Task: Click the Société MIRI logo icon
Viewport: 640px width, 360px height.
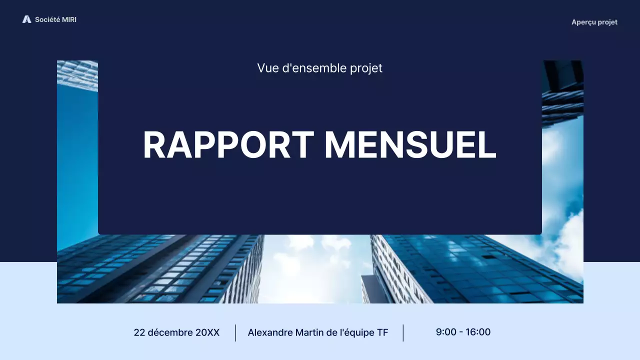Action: click(x=26, y=19)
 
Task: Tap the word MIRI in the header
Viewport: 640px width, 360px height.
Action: click(x=69, y=19)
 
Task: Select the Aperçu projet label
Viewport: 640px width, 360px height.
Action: click(x=594, y=22)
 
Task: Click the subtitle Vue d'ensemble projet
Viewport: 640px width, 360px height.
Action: click(x=320, y=68)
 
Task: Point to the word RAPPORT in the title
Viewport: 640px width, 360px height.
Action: click(x=228, y=145)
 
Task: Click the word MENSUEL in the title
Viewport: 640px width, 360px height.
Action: click(x=410, y=145)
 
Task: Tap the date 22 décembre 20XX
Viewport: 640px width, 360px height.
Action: click(x=176, y=332)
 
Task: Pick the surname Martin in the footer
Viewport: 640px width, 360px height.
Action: click(x=309, y=332)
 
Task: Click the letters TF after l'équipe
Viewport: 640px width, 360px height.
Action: click(x=382, y=332)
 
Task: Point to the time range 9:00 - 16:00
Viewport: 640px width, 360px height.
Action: click(x=463, y=332)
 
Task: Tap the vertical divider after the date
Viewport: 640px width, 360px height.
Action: click(x=235, y=333)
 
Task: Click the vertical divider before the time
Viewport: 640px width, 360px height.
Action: click(x=403, y=333)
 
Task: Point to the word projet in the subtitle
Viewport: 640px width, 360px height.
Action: click(x=367, y=68)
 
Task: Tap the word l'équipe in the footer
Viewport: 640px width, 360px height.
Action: click(x=356, y=332)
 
